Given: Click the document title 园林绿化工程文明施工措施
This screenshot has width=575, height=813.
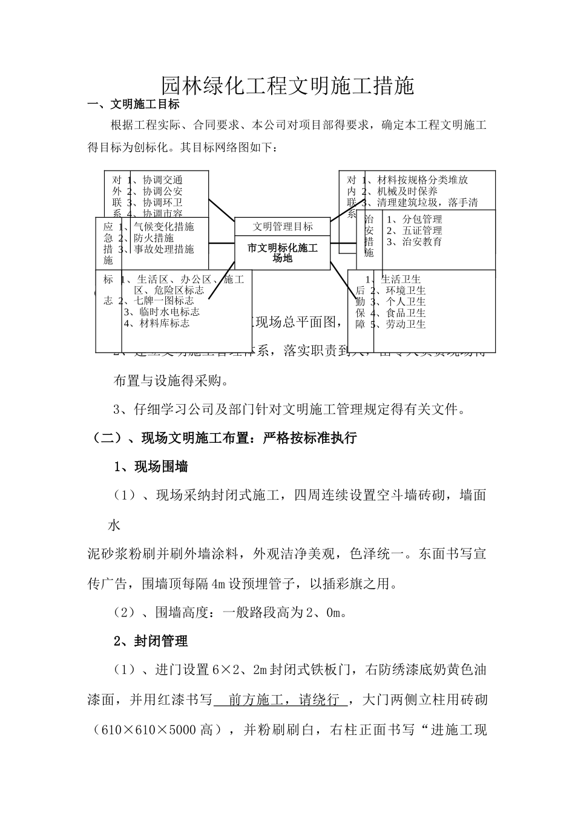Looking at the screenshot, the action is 287,86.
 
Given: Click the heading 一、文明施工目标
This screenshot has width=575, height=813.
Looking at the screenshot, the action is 134,104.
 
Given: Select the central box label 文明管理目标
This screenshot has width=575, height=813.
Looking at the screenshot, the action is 283,226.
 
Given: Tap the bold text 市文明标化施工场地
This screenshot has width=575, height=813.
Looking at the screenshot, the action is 283,253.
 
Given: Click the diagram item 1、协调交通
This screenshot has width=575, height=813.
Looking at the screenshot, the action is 155,180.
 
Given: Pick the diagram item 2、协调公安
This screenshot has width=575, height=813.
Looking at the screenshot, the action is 155,191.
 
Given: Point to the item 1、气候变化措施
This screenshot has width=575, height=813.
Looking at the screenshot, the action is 156,227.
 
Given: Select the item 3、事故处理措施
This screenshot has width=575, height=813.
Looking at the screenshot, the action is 156,249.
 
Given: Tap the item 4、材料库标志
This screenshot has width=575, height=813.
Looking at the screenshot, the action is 156,323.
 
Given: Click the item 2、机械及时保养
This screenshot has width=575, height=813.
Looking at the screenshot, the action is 399,191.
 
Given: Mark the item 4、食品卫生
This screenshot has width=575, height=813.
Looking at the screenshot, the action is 398,313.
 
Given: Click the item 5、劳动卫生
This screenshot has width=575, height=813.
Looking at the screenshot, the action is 398,324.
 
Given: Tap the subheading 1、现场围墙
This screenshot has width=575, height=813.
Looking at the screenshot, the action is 151,466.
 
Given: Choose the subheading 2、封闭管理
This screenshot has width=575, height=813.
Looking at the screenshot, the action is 151,641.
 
